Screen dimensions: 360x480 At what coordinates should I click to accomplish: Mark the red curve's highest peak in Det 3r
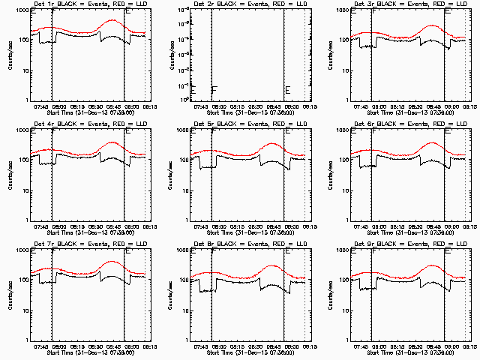[432, 26]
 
